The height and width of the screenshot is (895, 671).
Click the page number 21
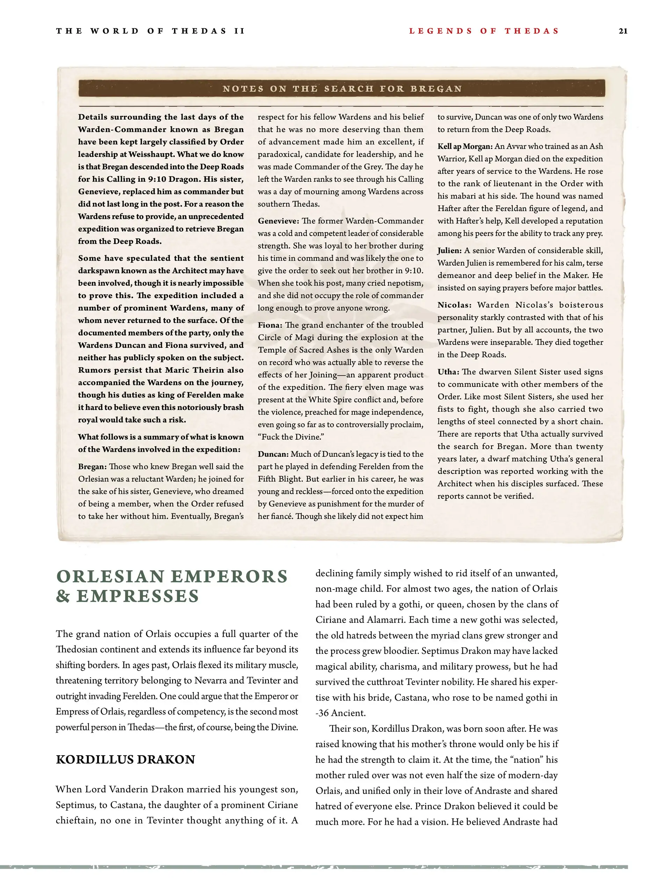pos(623,31)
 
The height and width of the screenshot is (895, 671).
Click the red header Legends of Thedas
pos(484,31)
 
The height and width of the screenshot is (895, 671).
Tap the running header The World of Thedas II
pos(150,31)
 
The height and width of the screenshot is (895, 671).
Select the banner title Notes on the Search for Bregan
pos(342,89)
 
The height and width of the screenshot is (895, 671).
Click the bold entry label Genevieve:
pos(279,221)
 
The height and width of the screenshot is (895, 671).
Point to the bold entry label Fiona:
pos(270,325)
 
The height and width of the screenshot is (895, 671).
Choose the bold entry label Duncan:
pos(273,454)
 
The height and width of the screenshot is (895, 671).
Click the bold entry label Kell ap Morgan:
pos(464,146)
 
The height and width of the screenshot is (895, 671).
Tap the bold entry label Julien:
pos(449,251)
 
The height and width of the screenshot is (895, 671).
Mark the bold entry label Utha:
pos(448,372)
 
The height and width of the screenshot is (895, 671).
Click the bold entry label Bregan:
pos(92,467)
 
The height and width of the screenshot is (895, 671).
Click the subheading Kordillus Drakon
pos(125,759)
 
